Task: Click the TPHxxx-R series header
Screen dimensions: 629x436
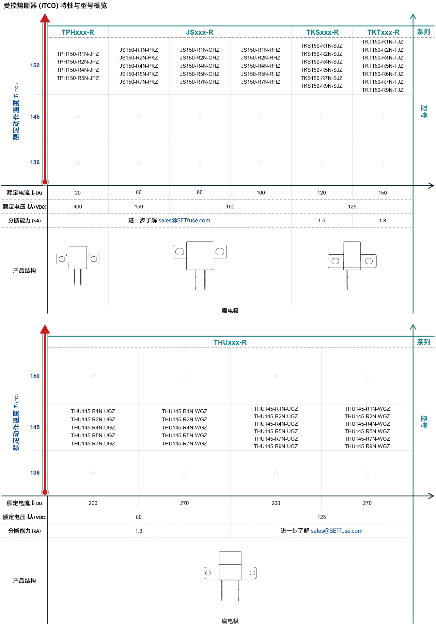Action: (78, 32)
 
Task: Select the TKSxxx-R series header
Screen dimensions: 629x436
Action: (322, 32)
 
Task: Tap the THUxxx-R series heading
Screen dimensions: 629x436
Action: (230, 342)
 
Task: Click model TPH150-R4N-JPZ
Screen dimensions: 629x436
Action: (78, 70)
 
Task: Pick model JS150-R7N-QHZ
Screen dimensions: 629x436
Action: (200, 82)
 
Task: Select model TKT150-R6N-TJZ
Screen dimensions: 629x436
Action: (383, 74)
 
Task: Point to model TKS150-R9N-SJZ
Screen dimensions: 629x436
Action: (322, 86)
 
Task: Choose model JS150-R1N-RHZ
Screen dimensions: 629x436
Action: (261, 50)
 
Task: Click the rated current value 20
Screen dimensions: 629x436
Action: (78, 193)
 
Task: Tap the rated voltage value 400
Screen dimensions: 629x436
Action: (78, 207)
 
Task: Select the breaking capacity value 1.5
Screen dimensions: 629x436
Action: (322, 221)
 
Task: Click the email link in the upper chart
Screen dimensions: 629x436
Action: (184, 220)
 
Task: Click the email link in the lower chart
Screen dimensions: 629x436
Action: (337, 531)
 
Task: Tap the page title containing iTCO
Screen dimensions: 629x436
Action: (55, 5)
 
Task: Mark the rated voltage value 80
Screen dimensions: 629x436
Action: (139, 517)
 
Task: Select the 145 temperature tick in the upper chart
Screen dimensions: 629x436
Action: (35, 117)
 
